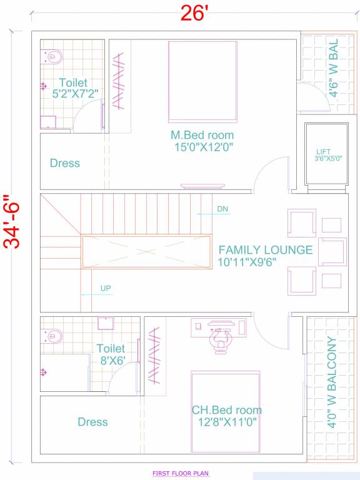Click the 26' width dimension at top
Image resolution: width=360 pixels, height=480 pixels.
tap(193, 13)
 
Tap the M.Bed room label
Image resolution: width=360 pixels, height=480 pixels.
tap(202, 135)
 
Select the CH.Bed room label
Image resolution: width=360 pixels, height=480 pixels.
tap(226, 411)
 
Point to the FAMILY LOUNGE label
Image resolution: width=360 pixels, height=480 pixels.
tap(266, 250)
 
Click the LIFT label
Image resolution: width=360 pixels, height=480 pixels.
tap(323, 151)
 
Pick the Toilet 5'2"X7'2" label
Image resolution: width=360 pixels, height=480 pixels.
tap(73, 88)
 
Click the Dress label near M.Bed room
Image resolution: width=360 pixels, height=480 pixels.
tap(65, 163)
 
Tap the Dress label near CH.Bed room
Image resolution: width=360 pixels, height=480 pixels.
tap(92, 422)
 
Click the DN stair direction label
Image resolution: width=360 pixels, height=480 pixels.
tap(222, 209)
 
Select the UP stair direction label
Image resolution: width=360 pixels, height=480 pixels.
tap(106, 289)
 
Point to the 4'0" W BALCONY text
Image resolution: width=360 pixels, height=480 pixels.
tap(331, 382)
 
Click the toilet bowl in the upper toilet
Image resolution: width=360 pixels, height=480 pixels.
tap(53, 57)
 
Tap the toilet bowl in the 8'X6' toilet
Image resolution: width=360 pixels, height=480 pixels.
tap(53, 337)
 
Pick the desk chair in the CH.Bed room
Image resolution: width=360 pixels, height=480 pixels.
tap(218, 341)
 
